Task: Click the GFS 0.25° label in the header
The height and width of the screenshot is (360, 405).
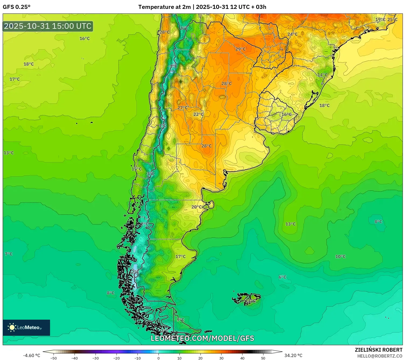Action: click(16, 7)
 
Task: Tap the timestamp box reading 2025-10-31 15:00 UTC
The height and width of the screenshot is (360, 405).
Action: click(48, 26)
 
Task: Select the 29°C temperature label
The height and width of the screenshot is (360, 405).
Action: click(240, 49)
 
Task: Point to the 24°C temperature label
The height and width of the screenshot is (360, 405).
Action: click(292, 34)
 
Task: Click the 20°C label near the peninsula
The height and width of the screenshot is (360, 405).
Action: click(196, 207)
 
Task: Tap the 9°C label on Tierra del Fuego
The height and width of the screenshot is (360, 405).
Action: click(181, 320)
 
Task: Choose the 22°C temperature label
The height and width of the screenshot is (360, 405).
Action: click(198, 114)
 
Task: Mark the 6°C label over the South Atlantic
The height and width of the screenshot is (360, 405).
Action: click(282, 277)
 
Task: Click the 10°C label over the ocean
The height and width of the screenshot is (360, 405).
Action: click(340, 257)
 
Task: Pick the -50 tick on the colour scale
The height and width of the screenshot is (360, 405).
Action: click(54, 358)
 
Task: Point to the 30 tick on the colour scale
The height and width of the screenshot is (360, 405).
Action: click(221, 358)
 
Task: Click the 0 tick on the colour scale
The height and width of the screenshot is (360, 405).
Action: click(158, 358)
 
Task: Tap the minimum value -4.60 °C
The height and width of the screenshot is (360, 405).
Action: click(31, 355)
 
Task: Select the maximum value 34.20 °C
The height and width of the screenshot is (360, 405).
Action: click(293, 355)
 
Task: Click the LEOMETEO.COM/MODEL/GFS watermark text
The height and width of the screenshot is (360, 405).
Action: click(202, 338)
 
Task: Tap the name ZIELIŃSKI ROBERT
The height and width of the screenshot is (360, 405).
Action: click(378, 350)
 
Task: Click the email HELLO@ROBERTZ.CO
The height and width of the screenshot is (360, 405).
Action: click(379, 356)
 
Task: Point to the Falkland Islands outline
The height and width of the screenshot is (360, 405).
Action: click(246, 298)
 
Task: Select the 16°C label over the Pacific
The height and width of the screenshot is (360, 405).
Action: click(84, 38)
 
